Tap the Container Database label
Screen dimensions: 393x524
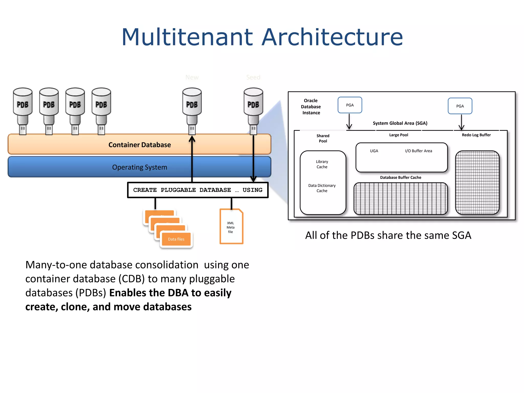(x=139, y=145)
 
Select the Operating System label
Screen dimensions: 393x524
(x=139, y=167)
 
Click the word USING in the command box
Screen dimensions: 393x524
(x=252, y=190)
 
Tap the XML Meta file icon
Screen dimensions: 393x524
(x=231, y=227)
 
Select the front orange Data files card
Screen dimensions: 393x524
(x=176, y=239)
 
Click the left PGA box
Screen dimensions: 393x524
(x=350, y=105)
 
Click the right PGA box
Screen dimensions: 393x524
(x=460, y=106)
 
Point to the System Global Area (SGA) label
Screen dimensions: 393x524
(x=400, y=123)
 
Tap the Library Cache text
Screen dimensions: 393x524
(x=322, y=164)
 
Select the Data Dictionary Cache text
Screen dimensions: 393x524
(x=322, y=188)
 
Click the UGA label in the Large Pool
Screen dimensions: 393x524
(x=374, y=151)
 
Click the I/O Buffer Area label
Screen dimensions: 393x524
(x=418, y=151)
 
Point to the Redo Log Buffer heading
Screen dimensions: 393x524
(x=476, y=135)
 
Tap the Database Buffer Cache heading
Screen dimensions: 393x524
(x=400, y=178)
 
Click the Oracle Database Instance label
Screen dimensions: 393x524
(x=311, y=107)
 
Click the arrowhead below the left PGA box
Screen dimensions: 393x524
(x=349, y=127)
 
